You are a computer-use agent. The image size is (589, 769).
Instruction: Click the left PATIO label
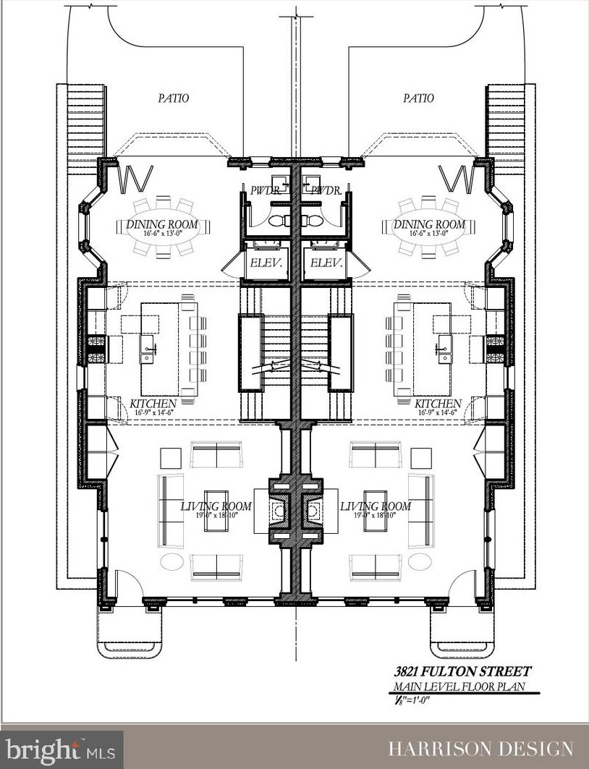coord(173,98)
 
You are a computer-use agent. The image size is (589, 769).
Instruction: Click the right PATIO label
coord(418,98)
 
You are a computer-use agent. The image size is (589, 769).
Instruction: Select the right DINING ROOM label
coord(428,225)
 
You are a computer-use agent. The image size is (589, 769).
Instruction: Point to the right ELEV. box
coord(326,263)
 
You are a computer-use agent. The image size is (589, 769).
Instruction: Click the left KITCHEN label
coord(153,403)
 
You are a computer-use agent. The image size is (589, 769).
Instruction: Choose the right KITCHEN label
coord(438,403)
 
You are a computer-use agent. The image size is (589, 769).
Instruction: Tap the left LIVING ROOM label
coord(216,506)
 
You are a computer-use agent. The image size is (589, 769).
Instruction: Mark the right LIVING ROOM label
coord(376,506)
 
